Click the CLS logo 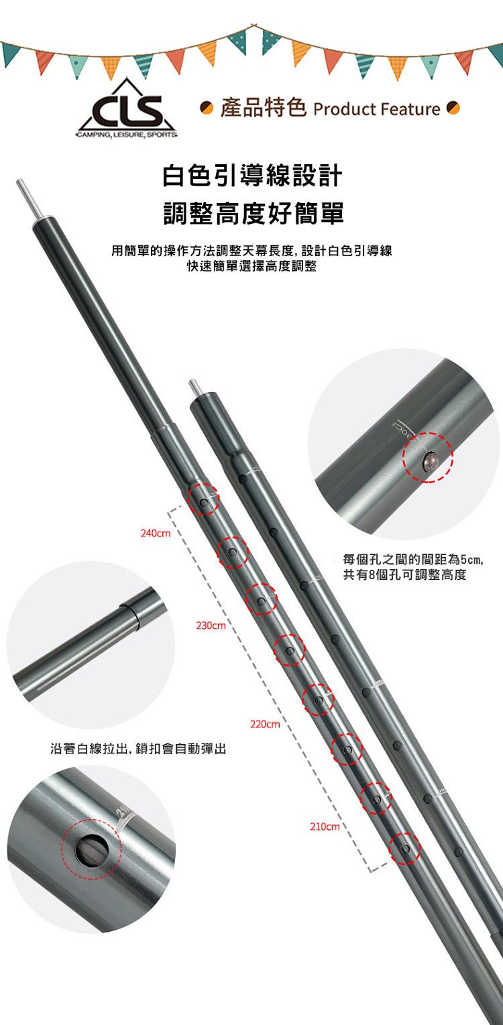(x=127, y=109)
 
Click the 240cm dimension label (x=156, y=533)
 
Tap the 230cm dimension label (x=211, y=625)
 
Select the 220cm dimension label (x=265, y=725)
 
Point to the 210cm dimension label (x=325, y=827)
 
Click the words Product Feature (x=377, y=109)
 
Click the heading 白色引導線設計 (x=252, y=176)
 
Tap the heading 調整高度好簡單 (x=254, y=214)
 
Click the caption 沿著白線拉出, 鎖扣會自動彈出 (x=137, y=749)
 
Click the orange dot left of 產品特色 (x=207, y=108)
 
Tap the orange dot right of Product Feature (x=453, y=108)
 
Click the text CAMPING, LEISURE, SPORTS (x=127, y=135)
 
